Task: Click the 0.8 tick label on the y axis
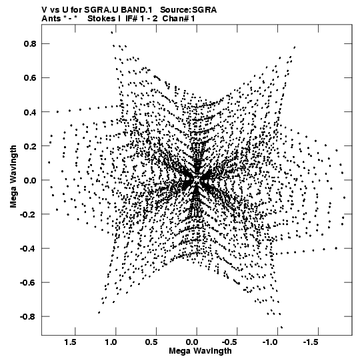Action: pyautogui.click(x=30, y=44)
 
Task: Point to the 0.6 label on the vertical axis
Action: pyautogui.click(x=30, y=78)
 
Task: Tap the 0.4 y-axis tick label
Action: pyautogui.click(x=30, y=112)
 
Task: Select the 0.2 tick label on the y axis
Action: pyautogui.click(x=30, y=146)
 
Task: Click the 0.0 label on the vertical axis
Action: pyautogui.click(x=30, y=180)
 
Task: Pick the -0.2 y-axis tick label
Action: pyautogui.click(x=28, y=214)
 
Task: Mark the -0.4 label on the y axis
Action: pyautogui.click(x=28, y=249)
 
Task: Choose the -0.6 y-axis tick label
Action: pyautogui.click(x=28, y=283)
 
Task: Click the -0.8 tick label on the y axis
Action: pyautogui.click(x=28, y=317)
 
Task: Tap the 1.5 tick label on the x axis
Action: pyautogui.click(x=71, y=342)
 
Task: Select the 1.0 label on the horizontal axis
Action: pyautogui.click(x=111, y=342)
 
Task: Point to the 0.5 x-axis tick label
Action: pyautogui.click(x=151, y=342)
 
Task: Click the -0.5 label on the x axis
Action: pyautogui.click(x=230, y=342)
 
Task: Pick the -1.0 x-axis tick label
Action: pyautogui.click(x=271, y=342)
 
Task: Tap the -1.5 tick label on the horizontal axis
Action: pyautogui.click(x=311, y=342)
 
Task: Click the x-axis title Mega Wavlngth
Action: pyautogui.click(x=200, y=351)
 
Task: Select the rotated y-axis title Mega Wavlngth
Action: pyautogui.click(x=13, y=177)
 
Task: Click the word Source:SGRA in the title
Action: pyautogui.click(x=189, y=10)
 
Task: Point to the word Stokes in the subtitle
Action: pyautogui.click(x=102, y=19)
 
